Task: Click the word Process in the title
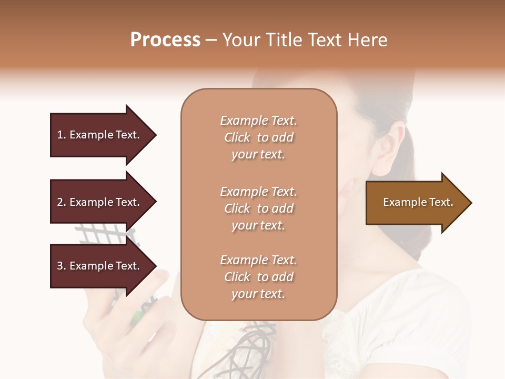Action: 165,40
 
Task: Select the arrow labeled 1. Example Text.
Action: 100,135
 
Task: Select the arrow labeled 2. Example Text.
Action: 100,202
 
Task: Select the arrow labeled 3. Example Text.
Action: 100,266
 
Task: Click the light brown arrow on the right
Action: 416,203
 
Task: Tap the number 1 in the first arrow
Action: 60,135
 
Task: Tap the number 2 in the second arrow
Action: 60,202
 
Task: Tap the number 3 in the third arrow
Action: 60,266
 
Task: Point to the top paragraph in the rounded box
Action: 258,137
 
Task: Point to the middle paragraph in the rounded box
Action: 258,208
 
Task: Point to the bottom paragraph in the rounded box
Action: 258,277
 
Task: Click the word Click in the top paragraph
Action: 237,137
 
